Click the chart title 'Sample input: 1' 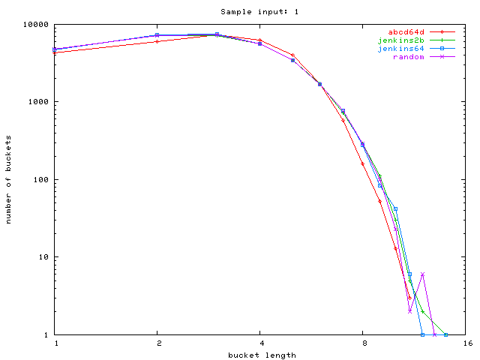pos(248,11)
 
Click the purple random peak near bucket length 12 pos(423,274)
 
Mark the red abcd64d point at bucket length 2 pos(157,42)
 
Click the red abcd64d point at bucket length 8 pos(363,163)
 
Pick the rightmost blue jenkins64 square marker pos(446,334)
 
